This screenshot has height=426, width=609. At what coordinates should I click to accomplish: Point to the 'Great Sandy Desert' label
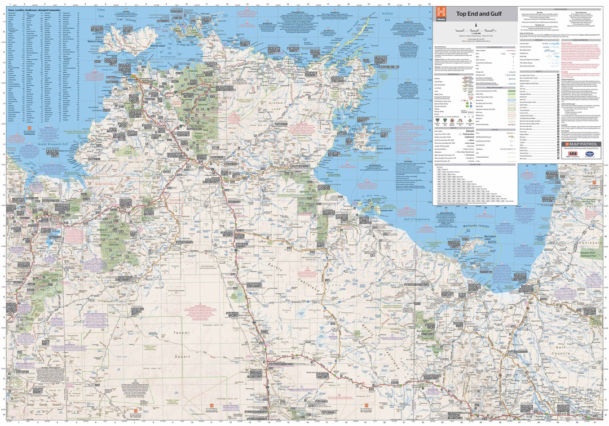pyautogui.click(x=43, y=404)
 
